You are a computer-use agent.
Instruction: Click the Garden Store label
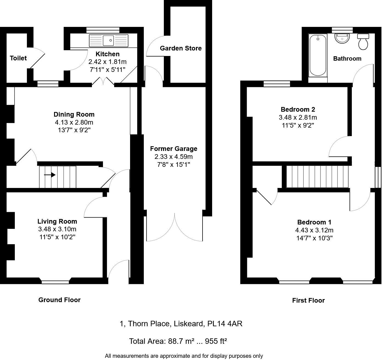click(181, 48)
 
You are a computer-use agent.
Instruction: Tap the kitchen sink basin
click(109, 41)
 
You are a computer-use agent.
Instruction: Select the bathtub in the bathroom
click(318, 55)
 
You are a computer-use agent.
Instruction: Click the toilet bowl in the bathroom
click(363, 44)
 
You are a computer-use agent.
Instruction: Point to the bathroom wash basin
click(342, 39)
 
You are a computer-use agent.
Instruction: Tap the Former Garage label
click(173, 149)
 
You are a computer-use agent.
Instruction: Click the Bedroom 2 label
click(298, 109)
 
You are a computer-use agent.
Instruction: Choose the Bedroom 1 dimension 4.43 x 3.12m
click(314, 230)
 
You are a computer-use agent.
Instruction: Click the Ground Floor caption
click(59, 300)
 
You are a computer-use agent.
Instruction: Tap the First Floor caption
click(308, 300)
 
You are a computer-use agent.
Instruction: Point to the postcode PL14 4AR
click(225, 324)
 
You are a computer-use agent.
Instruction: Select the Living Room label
click(57, 221)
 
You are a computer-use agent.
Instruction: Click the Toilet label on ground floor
click(18, 58)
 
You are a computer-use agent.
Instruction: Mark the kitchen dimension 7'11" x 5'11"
click(107, 70)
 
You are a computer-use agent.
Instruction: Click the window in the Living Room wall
click(55, 282)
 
